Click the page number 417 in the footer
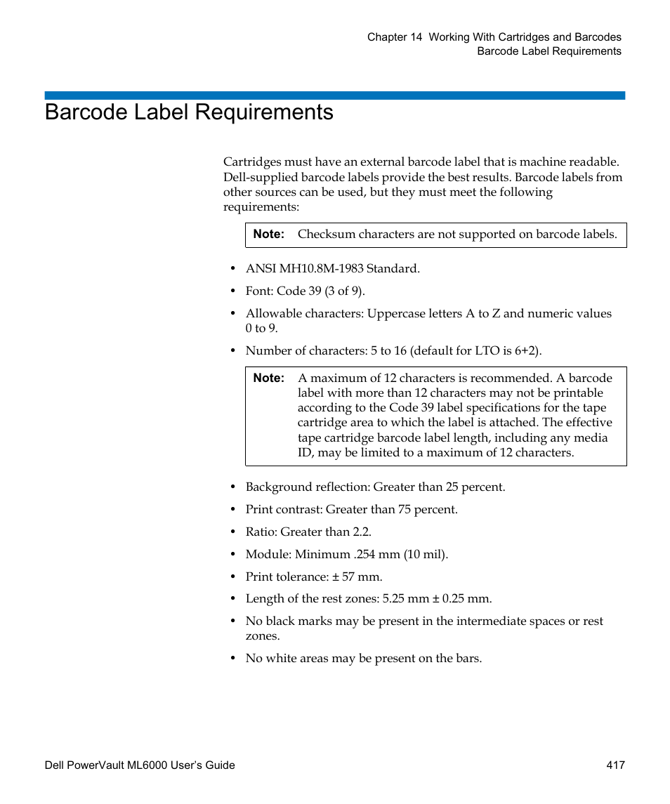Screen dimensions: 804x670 [616, 765]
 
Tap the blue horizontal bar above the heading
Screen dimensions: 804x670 [334, 95]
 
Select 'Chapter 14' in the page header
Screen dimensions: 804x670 [395, 37]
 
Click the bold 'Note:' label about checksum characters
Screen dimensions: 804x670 [268, 235]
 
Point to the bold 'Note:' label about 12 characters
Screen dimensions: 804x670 [268, 378]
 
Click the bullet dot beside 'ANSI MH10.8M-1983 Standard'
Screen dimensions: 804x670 [234, 269]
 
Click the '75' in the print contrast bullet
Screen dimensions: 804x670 [405, 510]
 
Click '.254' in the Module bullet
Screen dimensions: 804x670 [367, 555]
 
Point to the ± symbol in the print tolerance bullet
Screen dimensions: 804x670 [336, 577]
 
